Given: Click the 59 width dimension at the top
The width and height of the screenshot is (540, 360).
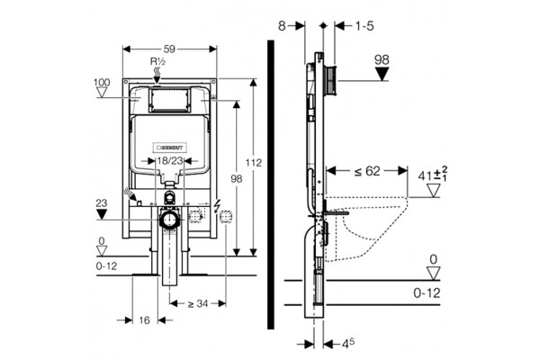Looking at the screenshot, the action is pyautogui.click(x=169, y=49).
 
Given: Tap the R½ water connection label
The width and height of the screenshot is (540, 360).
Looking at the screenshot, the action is pyautogui.click(x=158, y=62).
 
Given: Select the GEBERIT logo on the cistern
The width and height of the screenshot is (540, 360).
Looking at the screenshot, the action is pyautogui.click(x=170, y=147).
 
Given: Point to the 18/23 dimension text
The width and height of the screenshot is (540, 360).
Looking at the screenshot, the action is pyautogui.click(x=169, y=161).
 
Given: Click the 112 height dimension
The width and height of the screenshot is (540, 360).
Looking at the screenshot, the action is pyautogui.click(x=254, y=162).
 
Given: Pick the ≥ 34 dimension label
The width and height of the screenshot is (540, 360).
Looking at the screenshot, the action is pyautogui.click(x=198, y=303).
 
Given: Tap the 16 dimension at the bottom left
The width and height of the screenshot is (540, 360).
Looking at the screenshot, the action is pyautogui.click(x=145, y=320).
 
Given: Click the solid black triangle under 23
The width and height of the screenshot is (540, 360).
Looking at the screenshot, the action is pyautogui.click(x=102, y=214).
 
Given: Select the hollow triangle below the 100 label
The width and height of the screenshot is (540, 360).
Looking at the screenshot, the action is pyautogui.click(x=102, y=93).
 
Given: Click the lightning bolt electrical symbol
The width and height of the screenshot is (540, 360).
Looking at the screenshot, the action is pyautogui.click(x=217, y=205).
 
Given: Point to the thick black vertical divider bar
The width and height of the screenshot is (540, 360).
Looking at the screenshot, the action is pyautogui.click(x=271, y=184).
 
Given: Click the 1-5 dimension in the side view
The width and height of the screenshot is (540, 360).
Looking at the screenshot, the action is pyautogui.click(x=364, y=26).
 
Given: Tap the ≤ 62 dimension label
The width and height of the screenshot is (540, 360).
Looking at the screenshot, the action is pyautogui.click(x=367, y=171).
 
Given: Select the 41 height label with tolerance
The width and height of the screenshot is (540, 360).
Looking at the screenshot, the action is pyautogui.click(x=433, y=175).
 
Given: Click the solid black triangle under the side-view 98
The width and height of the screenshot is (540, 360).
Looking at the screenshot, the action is pyautogui.click(x=382, y=74).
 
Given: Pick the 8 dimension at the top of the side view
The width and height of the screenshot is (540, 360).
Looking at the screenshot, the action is pyautogui.click(x=282, y=26).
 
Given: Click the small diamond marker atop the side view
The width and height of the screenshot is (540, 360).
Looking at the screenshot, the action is pyautogui.click(x=323, y=25).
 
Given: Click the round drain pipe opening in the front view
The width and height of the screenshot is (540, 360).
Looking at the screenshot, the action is pyautogui.click(x=169, y=220).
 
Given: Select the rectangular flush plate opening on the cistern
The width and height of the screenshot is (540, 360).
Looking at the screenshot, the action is pyautogui.click(x=169, y=100).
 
